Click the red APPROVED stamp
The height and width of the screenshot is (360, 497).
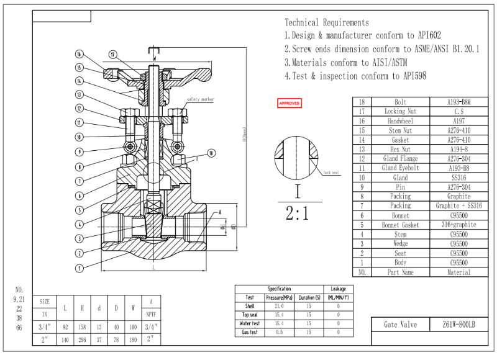[x=289, y=103]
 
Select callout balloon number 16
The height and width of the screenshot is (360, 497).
[x=80, y=53]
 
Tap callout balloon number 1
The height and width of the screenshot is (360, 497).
[x=80, y=268]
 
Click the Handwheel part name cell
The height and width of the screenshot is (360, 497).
[x=400, y=120]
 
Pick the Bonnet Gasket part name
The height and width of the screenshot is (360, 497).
[x=400, y=225]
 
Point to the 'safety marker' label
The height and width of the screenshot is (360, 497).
[x=200, y=99]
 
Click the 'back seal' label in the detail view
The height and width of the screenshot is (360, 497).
[x=331, y=173]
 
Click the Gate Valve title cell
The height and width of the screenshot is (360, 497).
[x=400, y=325]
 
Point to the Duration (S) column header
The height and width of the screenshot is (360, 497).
[x=309, y=298]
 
